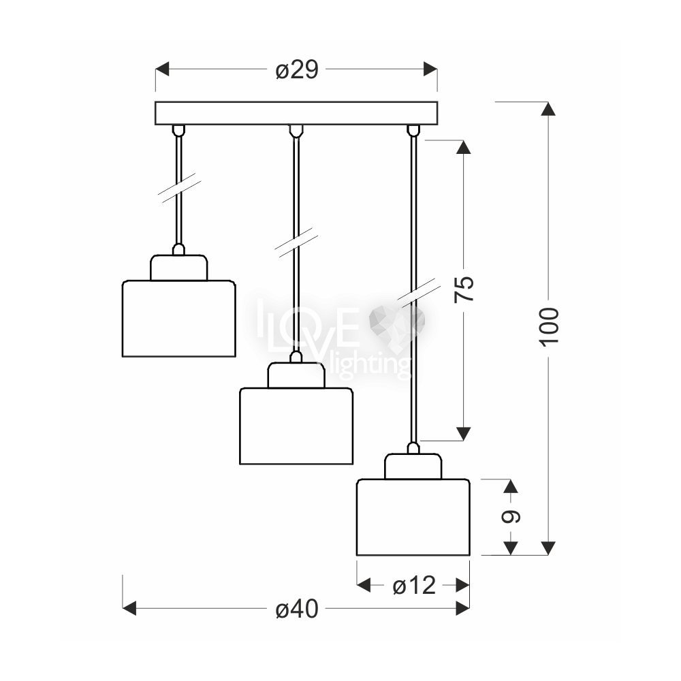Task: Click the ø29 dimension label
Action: tap(297, 69)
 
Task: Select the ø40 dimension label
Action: tap(297, 609)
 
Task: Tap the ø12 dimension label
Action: tap(413, 585)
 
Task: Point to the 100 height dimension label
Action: tap(550, 326)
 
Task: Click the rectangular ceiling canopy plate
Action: tap(296, 113)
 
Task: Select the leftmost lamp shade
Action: tap(178, 318)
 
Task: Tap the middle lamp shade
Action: tap(296, 426)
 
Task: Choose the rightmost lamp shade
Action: tap(413, 518)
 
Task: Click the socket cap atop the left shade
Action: tap(178, 268)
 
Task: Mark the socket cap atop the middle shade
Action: tap(296, 375)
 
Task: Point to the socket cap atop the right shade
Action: tap(413, 466)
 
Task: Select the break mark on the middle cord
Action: tap(296, 242)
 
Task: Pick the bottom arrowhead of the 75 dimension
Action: tap(464, 433)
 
